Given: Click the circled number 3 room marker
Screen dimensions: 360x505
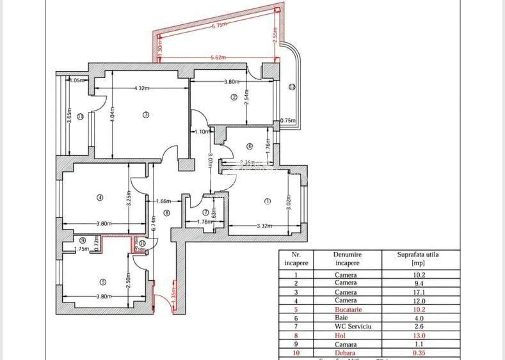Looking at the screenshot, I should click(x=146, y=115).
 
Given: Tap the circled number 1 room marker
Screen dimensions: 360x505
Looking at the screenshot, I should click(x=267, y=201).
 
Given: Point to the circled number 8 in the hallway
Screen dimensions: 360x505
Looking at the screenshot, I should click(x=166, y=213).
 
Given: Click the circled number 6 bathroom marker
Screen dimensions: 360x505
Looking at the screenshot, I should click(x=250, y=145).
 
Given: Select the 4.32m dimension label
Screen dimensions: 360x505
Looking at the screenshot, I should click(x=141, y=88).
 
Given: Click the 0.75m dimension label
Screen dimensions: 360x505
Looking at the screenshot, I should click(x=288, y=120).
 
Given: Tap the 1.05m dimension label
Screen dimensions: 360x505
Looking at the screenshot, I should click(x=77, y=81).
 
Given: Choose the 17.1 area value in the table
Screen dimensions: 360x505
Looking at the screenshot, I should click(x=418, y=292).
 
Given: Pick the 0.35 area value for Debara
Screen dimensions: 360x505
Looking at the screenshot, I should click(x=418, y=351).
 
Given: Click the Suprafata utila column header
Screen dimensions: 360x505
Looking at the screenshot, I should click(x=419, y=258).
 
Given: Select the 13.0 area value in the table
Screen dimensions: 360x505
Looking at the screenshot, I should click(x=418, y=334).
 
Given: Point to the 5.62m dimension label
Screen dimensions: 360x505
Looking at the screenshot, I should click(x=219, y=58).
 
